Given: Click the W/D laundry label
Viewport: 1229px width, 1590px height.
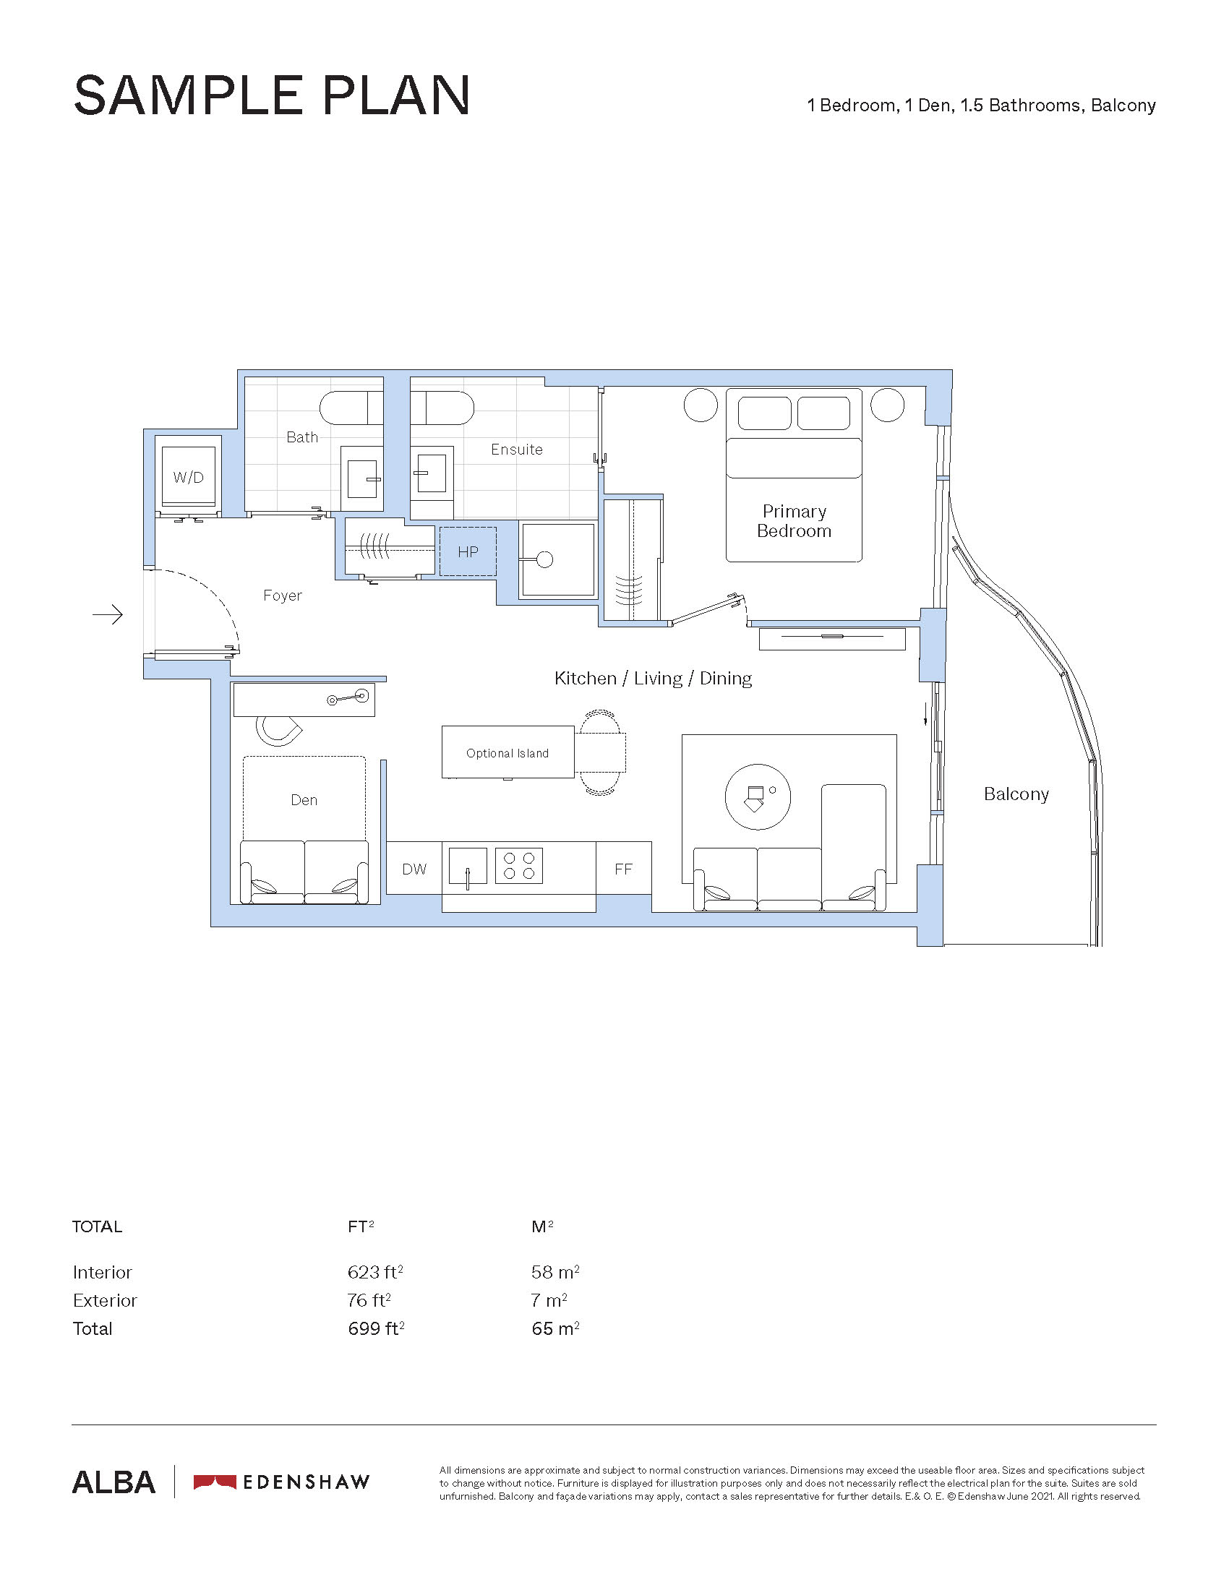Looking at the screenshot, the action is click(x=188, y=478).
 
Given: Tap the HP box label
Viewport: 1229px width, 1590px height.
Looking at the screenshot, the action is click(x=468, y=552).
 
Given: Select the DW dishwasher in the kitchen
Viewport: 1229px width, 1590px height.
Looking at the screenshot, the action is click(x=414, y=869).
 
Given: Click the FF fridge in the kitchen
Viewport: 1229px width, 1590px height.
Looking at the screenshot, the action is click(x=623, y=869).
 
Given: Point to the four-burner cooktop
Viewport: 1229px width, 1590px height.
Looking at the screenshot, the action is click(x=519, y=866).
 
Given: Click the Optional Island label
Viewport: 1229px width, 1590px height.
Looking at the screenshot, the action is click(x=508, y=754).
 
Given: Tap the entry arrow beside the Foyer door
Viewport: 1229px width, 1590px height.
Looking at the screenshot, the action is click(x=108, y=615).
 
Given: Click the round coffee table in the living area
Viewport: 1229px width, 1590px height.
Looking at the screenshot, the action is click(x=758, y=796).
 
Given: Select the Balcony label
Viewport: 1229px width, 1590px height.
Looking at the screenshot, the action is click(x=1016, y=794).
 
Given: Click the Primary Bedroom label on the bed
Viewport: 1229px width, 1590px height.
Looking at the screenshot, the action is click(x=795, y=521).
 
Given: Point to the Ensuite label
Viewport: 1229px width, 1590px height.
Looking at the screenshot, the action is click(x=517, y=450).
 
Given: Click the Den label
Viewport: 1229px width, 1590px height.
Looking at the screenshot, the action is click(x=304, y=800).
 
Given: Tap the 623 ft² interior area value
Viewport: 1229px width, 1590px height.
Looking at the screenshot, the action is click(x=375, y=1272).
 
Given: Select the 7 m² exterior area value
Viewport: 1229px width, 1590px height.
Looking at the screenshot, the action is click(x=549, y=1300).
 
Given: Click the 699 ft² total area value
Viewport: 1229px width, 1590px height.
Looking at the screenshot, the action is click(x=376, y=1328).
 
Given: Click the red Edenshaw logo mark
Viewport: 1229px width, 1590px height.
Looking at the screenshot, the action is click(x=215, y=1482).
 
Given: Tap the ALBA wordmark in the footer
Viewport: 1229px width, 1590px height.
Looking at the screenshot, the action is click(x=114, y=1482).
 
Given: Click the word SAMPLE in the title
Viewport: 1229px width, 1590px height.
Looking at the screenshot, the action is click(x=189, y=95).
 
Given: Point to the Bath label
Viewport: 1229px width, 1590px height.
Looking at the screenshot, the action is click(x=302, y=437).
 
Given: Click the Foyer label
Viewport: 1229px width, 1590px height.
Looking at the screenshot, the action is click(x=283, y=596).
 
